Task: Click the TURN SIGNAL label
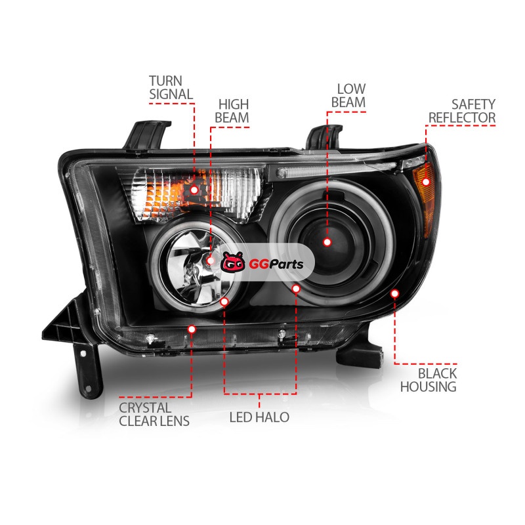coord(171,88)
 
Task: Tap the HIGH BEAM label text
coord(232,111)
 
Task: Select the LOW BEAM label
coord(348,96)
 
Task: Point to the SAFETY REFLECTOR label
coord(462,111)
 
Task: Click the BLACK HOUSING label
coord(429,380)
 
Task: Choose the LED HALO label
coord(259,417)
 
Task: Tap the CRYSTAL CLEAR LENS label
coord(154,415)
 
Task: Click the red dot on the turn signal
coord(194,190)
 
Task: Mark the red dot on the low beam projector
coord(327,241)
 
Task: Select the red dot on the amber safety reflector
coord(425,182)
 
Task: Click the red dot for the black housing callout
coord(395,293)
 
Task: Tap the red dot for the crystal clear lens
coord(192,329)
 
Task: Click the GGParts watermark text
coord(276,264)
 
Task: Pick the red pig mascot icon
coord(233,262)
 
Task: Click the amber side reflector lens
coord(424,198)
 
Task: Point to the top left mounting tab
coord(146,135)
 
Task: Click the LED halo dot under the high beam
coord(224,302)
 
